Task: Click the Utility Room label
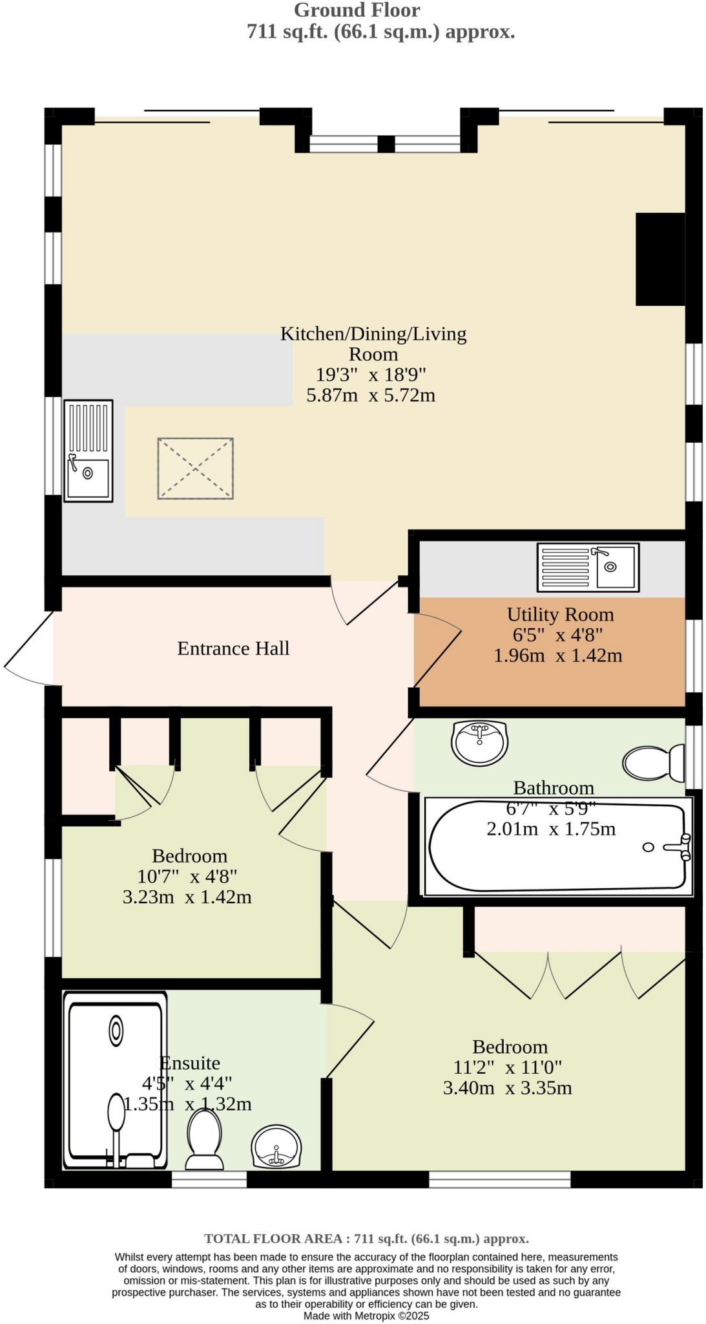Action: (x=559, y=614)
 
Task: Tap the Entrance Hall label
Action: (x=233, y=648)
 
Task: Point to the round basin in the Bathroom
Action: (x=479, y=743)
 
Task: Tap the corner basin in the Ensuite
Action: (x=276, y=1148)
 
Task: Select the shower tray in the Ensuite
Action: (x=115, y=1080)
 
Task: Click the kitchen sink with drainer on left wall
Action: (x=88, y=451)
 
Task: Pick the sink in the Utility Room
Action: (x=588, y=567)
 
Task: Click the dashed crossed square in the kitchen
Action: (x=195, y=469)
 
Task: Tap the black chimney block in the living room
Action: (x=659, y=259)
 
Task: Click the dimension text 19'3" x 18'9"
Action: (x=371, y=374)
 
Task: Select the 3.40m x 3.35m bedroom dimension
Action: (x=507, y=1088)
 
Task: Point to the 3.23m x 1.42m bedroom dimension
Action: (x=187, y=897)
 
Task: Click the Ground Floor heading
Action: (x=357, y=10)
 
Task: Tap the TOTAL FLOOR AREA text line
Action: (x=366, y=1239)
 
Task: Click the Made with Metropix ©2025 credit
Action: (x=366, y=1316)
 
